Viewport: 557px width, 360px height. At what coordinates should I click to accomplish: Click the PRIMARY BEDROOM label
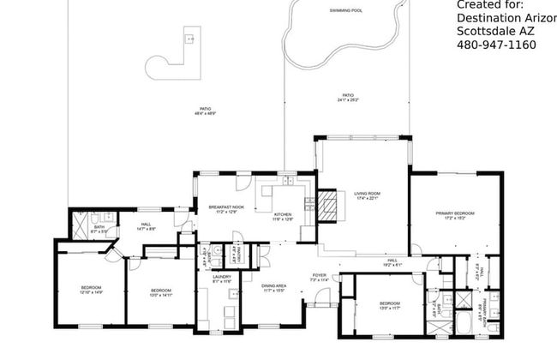tap(454, 213)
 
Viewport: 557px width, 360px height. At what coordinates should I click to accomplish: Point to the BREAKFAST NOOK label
tap(226, 207)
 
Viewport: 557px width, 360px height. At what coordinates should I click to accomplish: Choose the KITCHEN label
tap(283, 214)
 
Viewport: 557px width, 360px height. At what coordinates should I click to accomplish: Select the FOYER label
tap(319, 276)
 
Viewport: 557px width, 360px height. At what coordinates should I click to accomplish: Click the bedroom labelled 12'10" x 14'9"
tap(92, 287)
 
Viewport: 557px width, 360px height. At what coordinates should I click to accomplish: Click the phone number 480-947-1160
tap(496, 45)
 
